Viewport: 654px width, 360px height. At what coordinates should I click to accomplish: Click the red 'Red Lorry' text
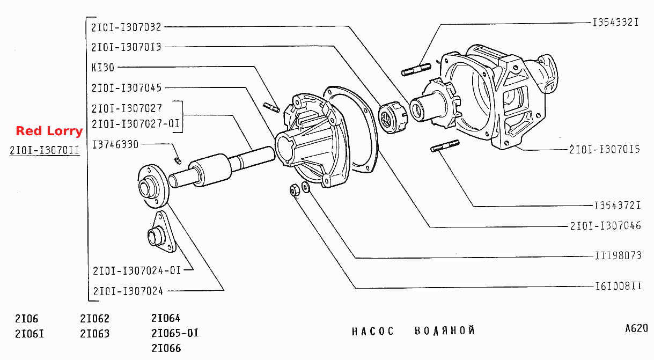point(49,131)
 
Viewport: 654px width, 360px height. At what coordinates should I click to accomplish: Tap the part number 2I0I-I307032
point(126,27)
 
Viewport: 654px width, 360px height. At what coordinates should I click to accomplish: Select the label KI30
point(103,68)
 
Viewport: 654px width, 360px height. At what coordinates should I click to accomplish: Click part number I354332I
point(616,22)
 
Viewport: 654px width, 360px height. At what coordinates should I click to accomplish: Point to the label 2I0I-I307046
point(605,226)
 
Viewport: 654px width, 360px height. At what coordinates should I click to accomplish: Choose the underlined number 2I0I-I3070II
point(45,150)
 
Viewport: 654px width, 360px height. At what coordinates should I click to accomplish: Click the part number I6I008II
point(619,286)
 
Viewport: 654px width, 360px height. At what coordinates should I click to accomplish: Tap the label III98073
point(618,255)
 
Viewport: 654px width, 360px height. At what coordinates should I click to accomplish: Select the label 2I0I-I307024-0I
point(137,270)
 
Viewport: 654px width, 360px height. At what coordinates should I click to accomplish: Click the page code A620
point(636,328)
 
